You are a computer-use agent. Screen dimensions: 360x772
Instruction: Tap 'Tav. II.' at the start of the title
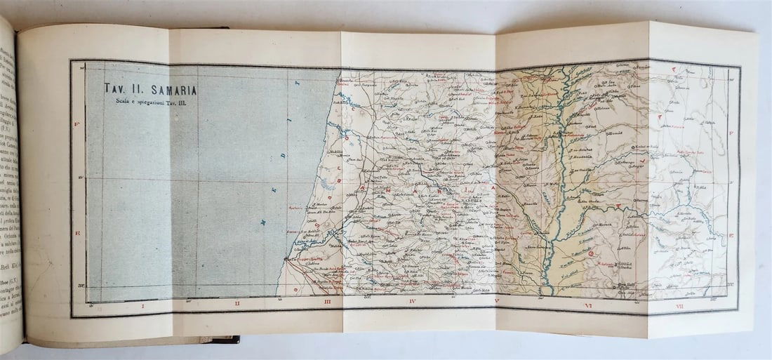(x=120, y=89)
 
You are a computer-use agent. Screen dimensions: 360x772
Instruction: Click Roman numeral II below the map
(x=237, y=304)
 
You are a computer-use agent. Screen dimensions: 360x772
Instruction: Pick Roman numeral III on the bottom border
(x=326, y=302)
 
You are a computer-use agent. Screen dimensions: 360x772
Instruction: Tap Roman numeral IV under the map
(x=413, y=302)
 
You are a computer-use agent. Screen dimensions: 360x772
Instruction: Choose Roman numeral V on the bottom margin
(x=496, y=302)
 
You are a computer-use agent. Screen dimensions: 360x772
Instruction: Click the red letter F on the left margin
(x=78, y=124)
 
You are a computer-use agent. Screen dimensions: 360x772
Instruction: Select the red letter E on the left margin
(x=78, y=232)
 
